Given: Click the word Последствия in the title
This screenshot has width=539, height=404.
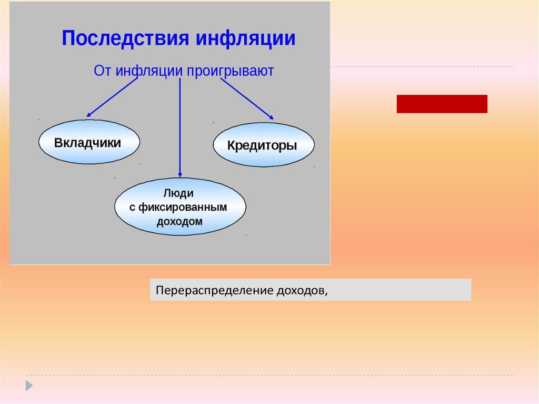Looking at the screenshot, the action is click(x=125, y=38).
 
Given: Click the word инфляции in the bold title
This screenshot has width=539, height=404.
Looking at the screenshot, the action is click(x=245, y=38).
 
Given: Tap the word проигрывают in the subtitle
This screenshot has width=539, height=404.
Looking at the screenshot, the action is click(x=231, y=71).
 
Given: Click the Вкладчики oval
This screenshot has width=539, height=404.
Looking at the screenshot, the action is click(x=89, y=142).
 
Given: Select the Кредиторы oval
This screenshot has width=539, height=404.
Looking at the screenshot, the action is click(x=264, y=144).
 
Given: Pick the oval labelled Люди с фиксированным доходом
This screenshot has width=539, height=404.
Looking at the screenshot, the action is click(x=180, y=206).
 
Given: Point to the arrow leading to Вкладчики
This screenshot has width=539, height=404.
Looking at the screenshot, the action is click(x=112, y=98).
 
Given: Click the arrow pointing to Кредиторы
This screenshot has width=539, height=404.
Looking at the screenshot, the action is click(x=247, y=99).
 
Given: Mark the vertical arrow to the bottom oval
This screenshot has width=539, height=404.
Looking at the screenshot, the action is click(x=180, y=127).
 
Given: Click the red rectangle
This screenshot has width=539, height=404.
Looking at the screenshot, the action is click(x=442, y=104).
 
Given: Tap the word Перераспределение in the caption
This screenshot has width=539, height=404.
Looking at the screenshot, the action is click(x=215, y=290).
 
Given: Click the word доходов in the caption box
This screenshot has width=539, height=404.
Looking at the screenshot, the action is click(x=302, y=290).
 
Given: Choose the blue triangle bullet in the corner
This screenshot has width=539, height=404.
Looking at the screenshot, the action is click(x=29, y=386).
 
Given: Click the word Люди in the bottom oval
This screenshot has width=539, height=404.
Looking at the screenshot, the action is click(x=178, y=193).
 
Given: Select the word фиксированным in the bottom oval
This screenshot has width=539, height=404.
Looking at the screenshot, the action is click(x=183, y=207).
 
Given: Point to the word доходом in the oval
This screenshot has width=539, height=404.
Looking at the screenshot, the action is click(x=179, y=221).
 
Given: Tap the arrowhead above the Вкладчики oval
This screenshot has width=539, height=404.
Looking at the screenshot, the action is click(x=88, y=115).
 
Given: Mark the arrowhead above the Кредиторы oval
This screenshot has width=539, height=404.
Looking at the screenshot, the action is click(x=272, y=117).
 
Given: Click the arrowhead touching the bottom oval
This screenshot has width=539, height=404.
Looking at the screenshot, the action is click(x=180, y=175).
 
